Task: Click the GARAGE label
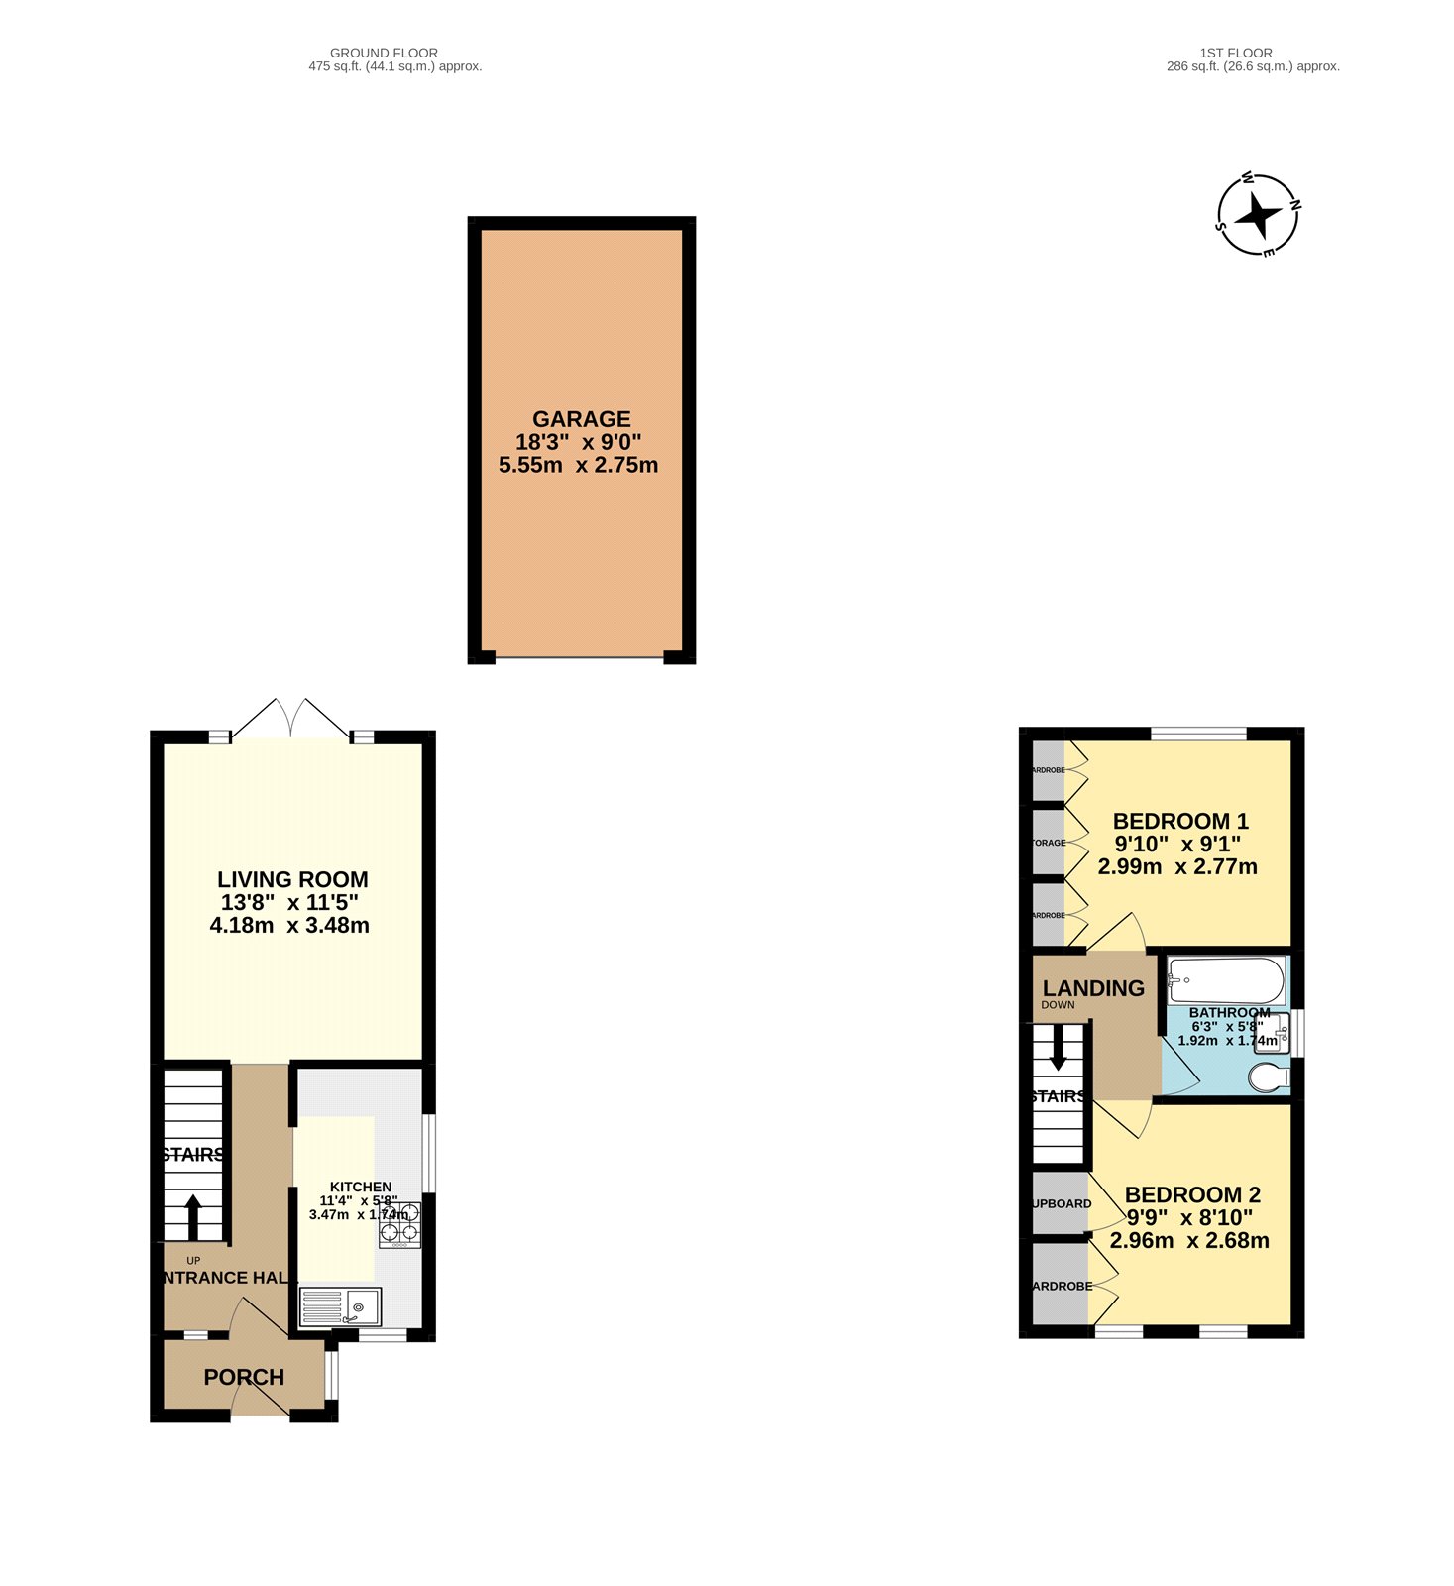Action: (581, 419)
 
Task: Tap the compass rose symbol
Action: (1258, 215)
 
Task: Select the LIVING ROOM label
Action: (292, 879)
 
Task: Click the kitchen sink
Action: (340, 1307)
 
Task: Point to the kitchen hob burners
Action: (399, 1222)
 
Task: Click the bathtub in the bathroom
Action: (1226, 980)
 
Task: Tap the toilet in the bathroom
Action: (1269, 1076)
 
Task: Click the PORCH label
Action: (244, 1377)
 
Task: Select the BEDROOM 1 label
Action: (1180, 821)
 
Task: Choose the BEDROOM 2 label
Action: (1192, 1194)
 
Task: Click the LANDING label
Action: (1093, 988)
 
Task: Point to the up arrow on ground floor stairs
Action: (193, 1216)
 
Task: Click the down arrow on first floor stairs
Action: (1058, 1049)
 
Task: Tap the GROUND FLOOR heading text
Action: (384, 54)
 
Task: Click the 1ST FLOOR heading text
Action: (1235, 54)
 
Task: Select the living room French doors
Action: (290, 719)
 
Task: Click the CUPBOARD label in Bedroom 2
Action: (1062, 1203)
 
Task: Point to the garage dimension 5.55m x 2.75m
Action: (578, 465)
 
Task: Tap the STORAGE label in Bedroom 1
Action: (1049, 843)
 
